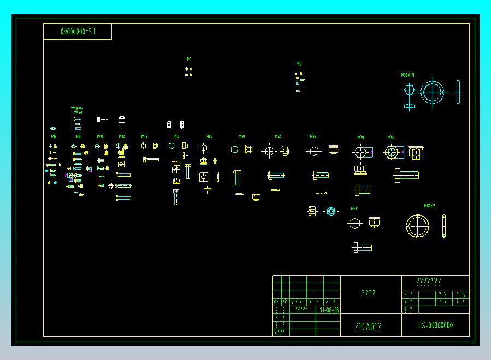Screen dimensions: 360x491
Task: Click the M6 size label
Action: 54,136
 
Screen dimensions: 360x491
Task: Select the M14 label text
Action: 143,136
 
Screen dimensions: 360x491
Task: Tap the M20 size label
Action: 242,136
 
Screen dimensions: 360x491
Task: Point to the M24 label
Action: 313,136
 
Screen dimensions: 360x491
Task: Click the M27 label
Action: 354,208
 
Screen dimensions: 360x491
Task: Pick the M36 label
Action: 391,137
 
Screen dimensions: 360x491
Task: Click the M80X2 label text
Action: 429,206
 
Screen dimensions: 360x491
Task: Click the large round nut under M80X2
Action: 418,227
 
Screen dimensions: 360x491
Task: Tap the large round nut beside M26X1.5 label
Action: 432,91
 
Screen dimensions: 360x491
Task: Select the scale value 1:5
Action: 461,295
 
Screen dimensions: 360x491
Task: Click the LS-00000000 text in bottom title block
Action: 435,326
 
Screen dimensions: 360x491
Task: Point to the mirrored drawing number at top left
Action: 78,32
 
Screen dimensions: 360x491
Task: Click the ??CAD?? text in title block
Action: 368,327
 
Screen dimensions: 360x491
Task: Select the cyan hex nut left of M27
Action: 331,211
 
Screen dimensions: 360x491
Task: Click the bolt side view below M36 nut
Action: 406,176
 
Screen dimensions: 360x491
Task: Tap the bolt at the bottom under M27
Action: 362,247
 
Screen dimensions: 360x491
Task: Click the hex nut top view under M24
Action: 313,150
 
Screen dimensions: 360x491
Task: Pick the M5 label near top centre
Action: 299,63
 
